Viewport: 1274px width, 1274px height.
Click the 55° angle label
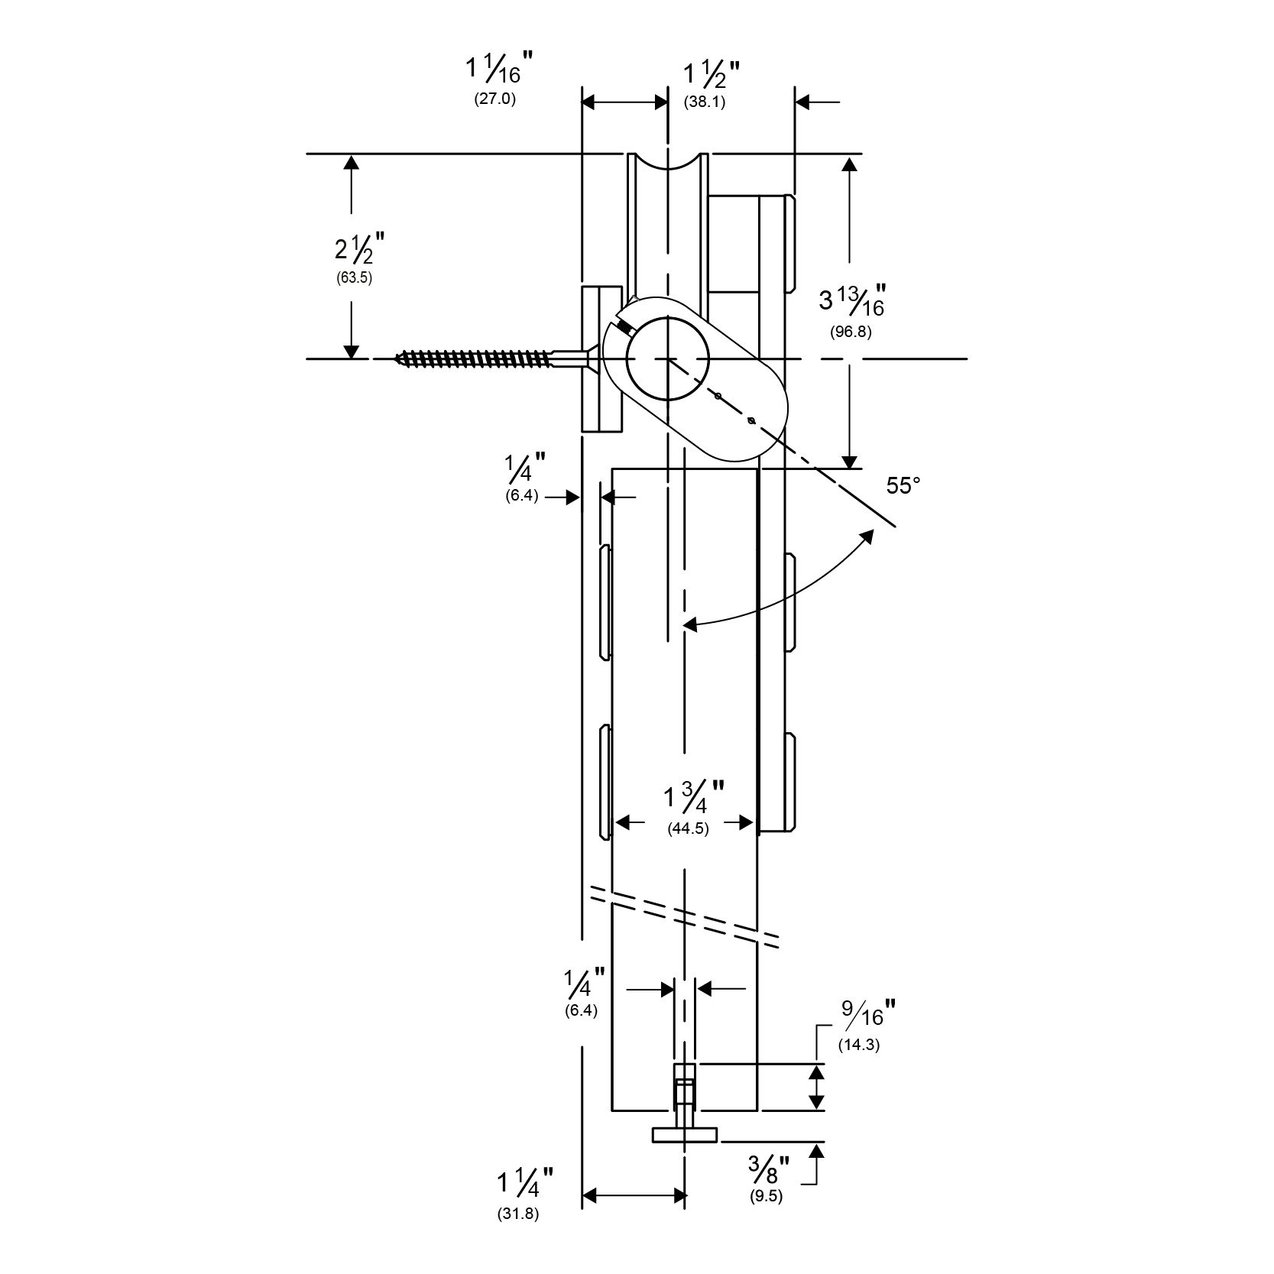pyautogui.click(x=904, y=485)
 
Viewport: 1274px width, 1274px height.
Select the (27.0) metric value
pyautogui.click(x=495, y=99)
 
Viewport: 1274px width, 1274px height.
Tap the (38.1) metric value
pyautogui.click(x=704, y=102)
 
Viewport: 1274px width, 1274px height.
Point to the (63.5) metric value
pyautogui.click(x=354, y=278)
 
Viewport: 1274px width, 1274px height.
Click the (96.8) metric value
pyautogui.click(x=851, y=332)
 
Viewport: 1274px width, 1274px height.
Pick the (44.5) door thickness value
pyautogui.click(x=688, y=828)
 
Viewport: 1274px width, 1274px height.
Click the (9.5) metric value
pyautogui.click(x=767, y=1197)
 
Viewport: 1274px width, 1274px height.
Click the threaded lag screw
pyautogui.click(x=474, y=358)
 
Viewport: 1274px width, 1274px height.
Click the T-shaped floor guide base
pyautogui.click(x=685, y=1136)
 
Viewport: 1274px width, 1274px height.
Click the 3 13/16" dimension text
pyautogui.click(x=851, y=300)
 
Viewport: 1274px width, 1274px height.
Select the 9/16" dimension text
pyautogui.click(x=867, y=1015)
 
